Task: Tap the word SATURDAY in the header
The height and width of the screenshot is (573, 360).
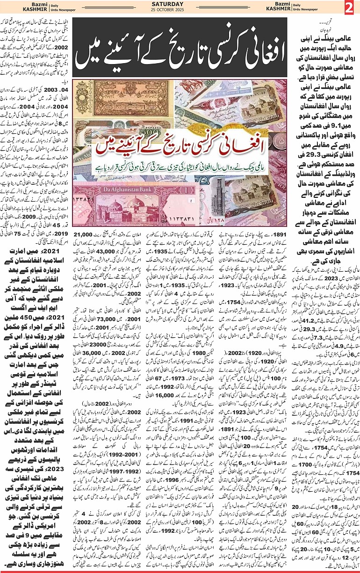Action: (x=180, y=4)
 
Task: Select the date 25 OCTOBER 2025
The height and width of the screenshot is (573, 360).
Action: (x=180, y=10)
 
